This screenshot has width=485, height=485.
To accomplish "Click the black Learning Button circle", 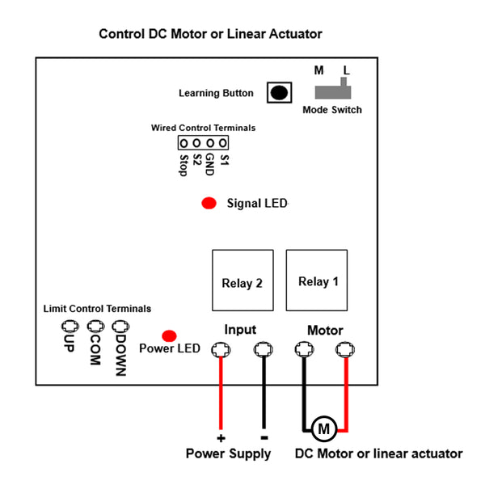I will [280, 92].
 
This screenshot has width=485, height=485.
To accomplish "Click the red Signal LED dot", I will [209, 203].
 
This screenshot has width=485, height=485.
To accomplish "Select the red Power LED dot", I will [170, 335].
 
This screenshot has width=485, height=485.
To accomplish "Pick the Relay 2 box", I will [242, 282].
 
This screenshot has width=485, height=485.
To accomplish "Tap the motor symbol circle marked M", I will [324, 428].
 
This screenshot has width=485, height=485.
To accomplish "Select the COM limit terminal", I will [95, 327].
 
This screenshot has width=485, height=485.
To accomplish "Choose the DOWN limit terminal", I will [121, 327].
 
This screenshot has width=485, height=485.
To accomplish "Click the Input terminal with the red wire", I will [220, 350].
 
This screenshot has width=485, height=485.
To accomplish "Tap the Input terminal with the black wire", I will [263, 350].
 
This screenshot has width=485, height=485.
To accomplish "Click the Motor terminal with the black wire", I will [304, 350].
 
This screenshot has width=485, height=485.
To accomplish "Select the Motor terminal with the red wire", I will [345, 350].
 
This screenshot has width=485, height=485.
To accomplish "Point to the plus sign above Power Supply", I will [220, 437].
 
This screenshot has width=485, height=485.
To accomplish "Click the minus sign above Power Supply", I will [263, 436].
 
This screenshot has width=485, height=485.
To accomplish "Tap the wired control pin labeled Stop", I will [184, 143].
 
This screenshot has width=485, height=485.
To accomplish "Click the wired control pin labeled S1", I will [223, 143].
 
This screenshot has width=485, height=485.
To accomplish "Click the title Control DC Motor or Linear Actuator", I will [210, 34].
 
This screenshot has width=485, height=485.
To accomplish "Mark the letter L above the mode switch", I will [346, 70].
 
